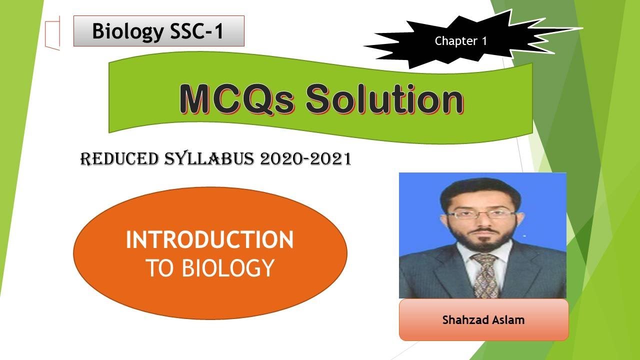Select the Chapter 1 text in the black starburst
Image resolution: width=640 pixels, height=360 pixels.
tap(460, 41)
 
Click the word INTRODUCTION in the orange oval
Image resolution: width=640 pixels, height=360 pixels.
tap(209, 240)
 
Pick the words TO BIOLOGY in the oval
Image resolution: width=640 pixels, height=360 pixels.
tap(209, 268)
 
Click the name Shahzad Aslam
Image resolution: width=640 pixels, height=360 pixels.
tap(483, 319)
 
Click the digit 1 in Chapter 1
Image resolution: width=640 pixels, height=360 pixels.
tap(483, 41)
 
